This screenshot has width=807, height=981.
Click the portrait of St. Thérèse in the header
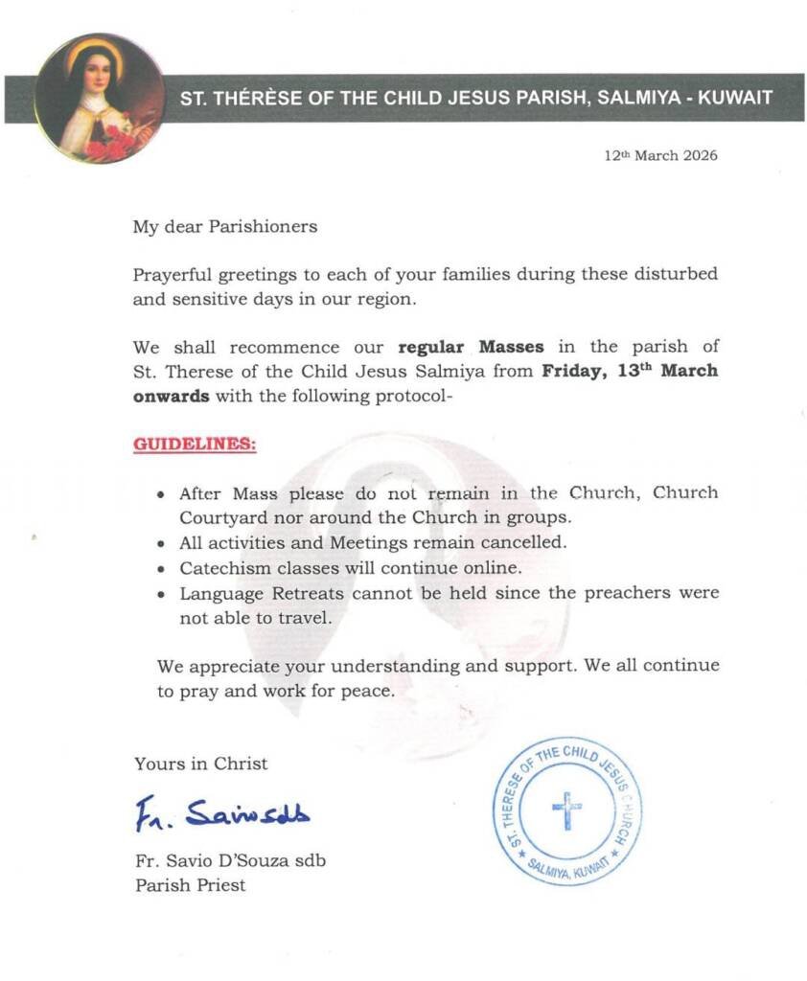click(x=99, y=98)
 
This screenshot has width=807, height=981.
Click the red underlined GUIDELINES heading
click(x=195, y=445)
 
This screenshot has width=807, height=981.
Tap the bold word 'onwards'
click(x=170, y=395)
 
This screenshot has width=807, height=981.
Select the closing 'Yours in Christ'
click(x=201, y=764)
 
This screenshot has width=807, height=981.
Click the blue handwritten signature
click(x=221, y=813)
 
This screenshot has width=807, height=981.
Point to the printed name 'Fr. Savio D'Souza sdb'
click(x=230, y=860)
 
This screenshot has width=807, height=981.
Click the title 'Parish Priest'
click(x=190, y=885)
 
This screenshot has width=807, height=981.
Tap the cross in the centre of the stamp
click(x=566, y=810)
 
